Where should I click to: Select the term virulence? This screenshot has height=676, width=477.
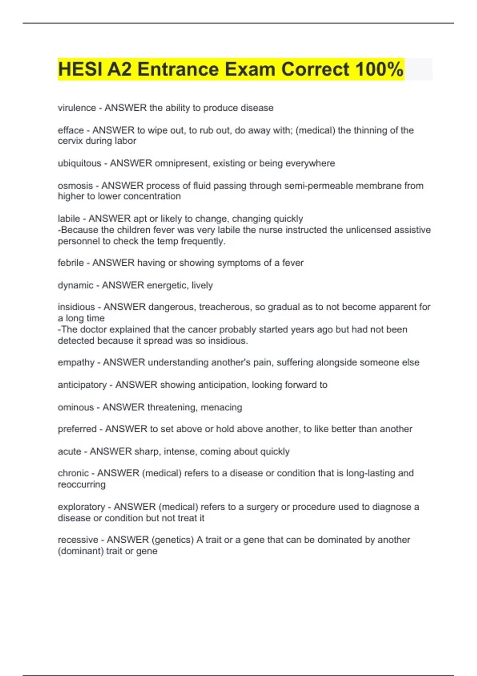[x=77, y=108]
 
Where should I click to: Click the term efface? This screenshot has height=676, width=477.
[x=71, y=130]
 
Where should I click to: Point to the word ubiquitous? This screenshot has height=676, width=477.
[x=79, y=163]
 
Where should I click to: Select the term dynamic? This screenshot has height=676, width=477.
[x=76, y=285]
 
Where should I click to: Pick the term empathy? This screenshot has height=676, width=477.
[x=76, y=362]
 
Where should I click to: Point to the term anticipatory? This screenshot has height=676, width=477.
[x=82, y=385]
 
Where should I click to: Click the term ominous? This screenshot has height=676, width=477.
[x=76, y=407]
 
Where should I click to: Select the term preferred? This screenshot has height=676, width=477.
[x=77, y=429]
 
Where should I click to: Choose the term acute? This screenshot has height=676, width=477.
[x=70, y=451]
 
